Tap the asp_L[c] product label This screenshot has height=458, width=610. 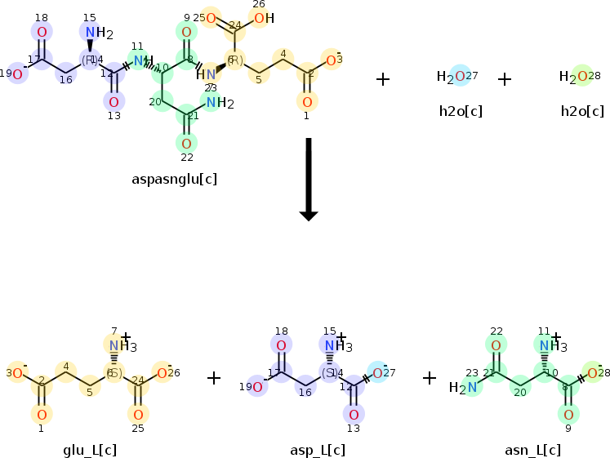click(x=317, y=450)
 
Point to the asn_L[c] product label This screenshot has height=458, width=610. click(x=532, y=450)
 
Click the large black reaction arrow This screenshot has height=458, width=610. click(x=308, y=180)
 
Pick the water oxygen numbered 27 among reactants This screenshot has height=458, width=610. click(x=460, y=77)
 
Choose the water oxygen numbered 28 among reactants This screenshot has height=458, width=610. click(x=581, y=77)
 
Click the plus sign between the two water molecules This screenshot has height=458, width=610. click(x=505, y=79)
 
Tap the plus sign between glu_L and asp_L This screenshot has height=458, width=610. click(x=214, y=378)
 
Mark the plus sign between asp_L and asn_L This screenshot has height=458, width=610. click(x=430, y=378)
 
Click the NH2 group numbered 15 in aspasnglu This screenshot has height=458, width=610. click(x=91, y=33)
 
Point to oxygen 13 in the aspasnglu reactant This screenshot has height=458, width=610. click(x=114, y=102)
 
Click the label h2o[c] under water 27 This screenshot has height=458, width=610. click(x=461, y=111)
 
